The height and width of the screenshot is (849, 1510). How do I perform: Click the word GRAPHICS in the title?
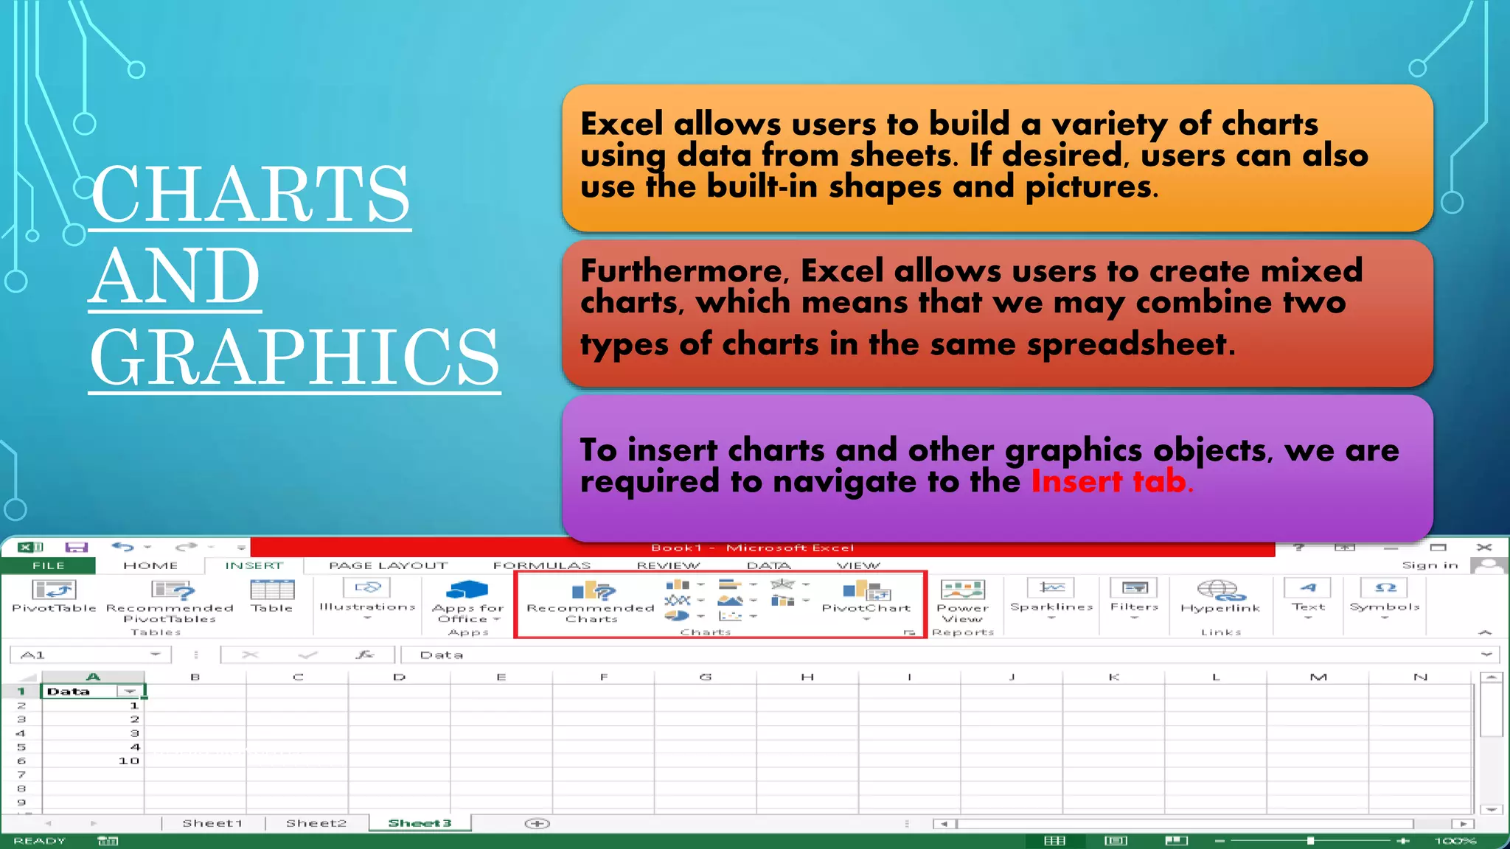295,357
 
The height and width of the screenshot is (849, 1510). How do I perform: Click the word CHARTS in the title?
251,194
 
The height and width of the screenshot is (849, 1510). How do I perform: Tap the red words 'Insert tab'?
1109,482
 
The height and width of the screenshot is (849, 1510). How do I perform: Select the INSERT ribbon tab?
254,565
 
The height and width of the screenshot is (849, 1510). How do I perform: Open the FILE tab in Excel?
49,565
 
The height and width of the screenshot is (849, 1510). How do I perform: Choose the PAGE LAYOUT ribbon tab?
388,565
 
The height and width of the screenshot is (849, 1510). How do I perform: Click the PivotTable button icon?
54,590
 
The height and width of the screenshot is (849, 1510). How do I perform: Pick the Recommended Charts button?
591,601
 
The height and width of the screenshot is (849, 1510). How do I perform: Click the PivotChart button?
866,597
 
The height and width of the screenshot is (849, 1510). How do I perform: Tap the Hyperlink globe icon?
1220,590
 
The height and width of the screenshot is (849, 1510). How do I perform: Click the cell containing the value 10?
93,761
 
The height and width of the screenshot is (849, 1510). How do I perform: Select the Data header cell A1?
81,691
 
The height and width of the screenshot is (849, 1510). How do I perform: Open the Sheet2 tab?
316,823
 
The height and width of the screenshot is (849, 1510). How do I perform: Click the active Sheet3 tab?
420,823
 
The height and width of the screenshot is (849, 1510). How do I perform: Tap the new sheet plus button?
537,823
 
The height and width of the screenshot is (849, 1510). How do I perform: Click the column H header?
807,677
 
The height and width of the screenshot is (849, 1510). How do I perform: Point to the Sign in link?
1430,565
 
